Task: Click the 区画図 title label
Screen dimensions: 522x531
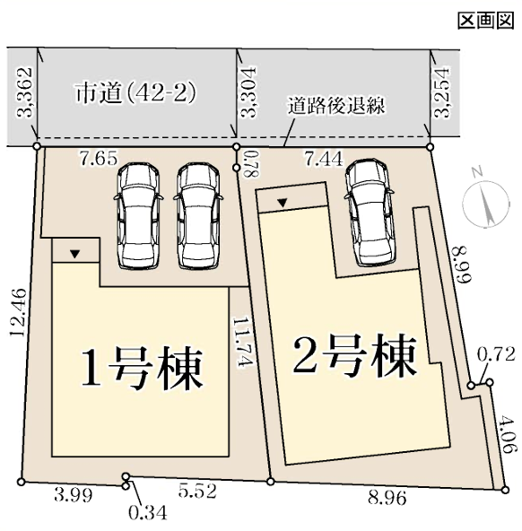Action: pyautogui.click(x=486, y=21)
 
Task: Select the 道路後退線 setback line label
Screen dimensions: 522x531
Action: pyautogui.click(x=336, y=106)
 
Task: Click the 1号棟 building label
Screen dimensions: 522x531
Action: pyautogui.click(x=143, y=368)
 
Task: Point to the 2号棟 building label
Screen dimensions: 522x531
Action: pyautogui.click(x=354, y=356)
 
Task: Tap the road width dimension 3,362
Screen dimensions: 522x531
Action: pyautogui.click(x=24, y=92)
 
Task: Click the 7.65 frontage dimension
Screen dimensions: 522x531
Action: pyautogui.click(x=99, y=158)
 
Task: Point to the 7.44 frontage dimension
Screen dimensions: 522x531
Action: pyautogui.click(x=324, y=159)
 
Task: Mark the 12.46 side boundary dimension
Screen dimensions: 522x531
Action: pyautogui.click(x=18, y=312)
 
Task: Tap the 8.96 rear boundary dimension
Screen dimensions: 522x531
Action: pyautogui.click(x=387, y=498)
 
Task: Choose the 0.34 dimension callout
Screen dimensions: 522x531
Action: pyautogui.click(x=148, y=513)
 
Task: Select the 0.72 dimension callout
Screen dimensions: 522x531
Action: pyautogui.click(x=496, y=354)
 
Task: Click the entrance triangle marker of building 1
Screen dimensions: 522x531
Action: pyautogui.click(x=74, y=254)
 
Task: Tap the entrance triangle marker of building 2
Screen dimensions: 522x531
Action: pyautogui.click(x=283, y=204)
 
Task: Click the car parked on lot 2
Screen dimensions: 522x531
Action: pyautogui.click(x=370, y=213)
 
